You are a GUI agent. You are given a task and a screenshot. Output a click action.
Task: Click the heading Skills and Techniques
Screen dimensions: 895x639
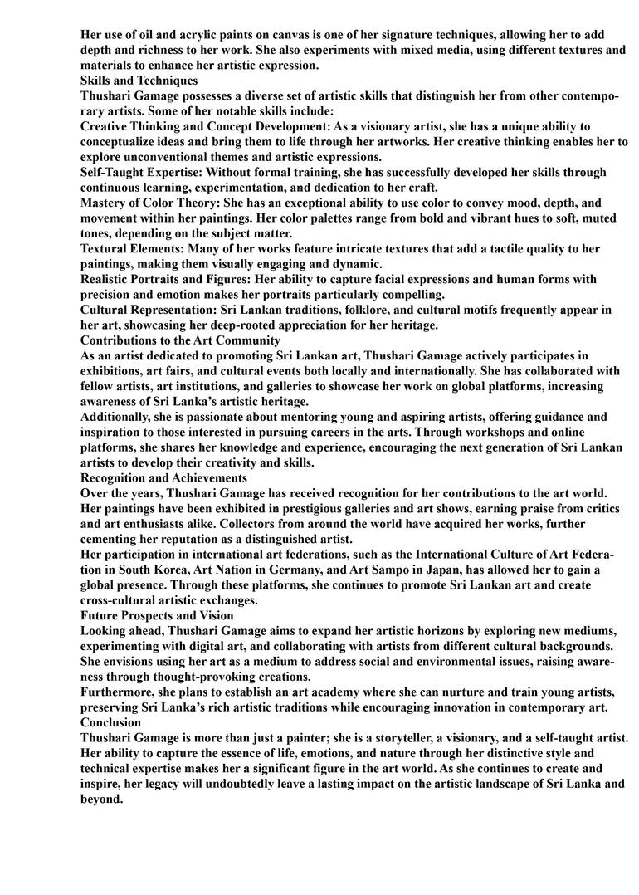(x=139, y=81)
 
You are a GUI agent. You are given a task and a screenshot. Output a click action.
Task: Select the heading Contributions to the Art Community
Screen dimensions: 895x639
(x=180, y=340)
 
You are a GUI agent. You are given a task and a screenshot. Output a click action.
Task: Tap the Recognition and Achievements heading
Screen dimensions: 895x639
(x=163, y=478)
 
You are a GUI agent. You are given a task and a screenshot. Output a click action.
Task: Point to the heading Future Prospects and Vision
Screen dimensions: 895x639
(x=157, y=616)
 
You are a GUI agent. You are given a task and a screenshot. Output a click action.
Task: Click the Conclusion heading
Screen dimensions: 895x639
(x=111, y=723)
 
